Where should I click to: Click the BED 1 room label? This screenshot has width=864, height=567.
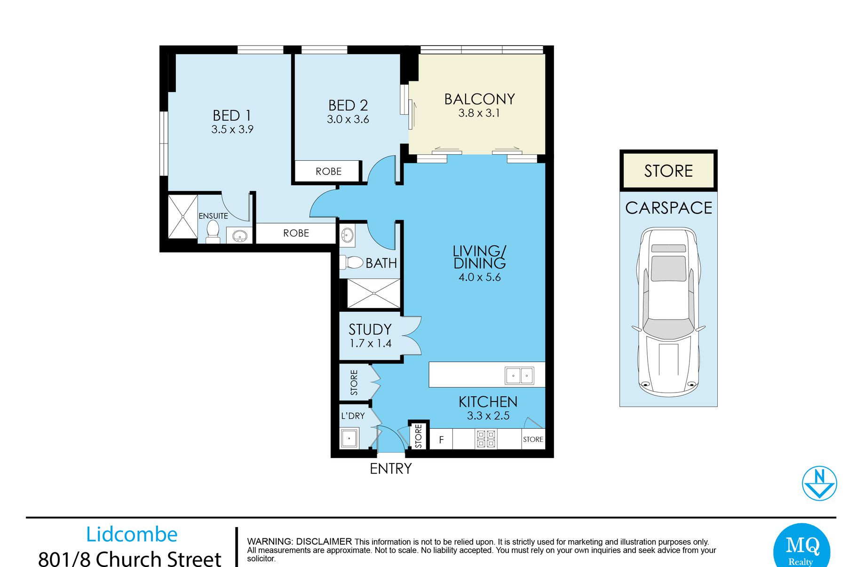(x=232, y=115)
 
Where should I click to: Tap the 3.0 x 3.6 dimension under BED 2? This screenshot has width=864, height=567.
(x=348, y=119)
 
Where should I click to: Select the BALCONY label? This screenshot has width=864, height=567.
(x=480, y=99)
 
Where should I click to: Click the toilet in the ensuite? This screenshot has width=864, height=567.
(x=213, y=231)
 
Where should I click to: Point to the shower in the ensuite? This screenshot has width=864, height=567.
(x=183, y=217)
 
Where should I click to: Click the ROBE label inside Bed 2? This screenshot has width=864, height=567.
(x=328, y=172)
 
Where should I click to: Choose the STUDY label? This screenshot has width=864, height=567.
(x=370, y=329)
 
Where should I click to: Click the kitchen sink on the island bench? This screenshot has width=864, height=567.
(x=519, y=376)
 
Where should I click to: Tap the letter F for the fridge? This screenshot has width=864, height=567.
(x=441, y=440)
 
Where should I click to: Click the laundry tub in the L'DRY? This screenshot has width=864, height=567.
(x=349, y=438)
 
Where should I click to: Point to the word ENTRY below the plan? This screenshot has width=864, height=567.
(x=391, y=469)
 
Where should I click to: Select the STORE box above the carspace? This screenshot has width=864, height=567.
(x=668, y=171)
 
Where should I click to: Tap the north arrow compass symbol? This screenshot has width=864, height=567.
(x=819, y=483)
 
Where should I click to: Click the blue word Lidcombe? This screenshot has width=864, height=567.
(x=132, y=535)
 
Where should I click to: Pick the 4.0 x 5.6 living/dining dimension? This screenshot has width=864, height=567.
(x=480, y=277)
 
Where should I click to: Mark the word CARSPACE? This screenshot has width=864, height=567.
(x=668, y=208)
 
